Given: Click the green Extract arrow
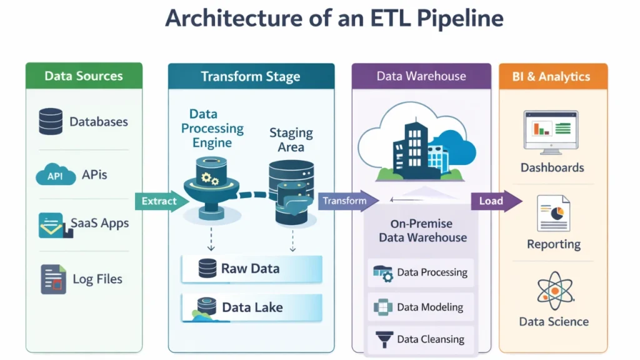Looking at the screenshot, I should click(161, 201).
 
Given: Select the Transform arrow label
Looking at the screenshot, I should click(345, 201).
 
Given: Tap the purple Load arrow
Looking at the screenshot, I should click(496, 201).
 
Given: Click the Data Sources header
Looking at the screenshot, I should click(84, 76).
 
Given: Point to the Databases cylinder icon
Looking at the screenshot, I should click(51, 122).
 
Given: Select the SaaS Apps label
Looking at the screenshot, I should click(99, 223).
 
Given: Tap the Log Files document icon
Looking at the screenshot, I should click(53, 279).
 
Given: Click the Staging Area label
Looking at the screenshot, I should click(291, 140).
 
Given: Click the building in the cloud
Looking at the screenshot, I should click(412, 147).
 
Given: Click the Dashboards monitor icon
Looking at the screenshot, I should click(551, 132).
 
